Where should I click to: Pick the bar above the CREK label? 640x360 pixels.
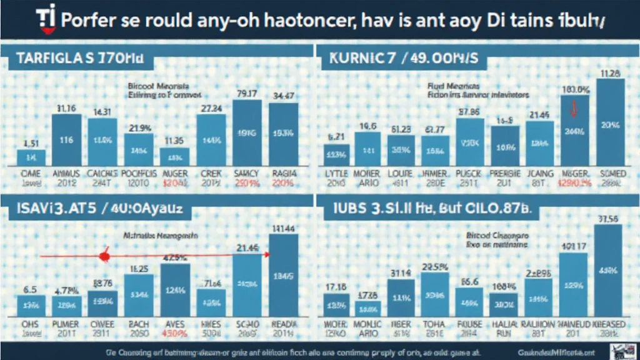(x=211, y=139)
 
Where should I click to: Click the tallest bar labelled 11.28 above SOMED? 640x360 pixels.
(x=609, y=122)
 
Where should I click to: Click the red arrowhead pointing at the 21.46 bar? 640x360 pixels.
(x=267, y=254)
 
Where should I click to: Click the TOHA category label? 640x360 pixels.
(x=434, y=325)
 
